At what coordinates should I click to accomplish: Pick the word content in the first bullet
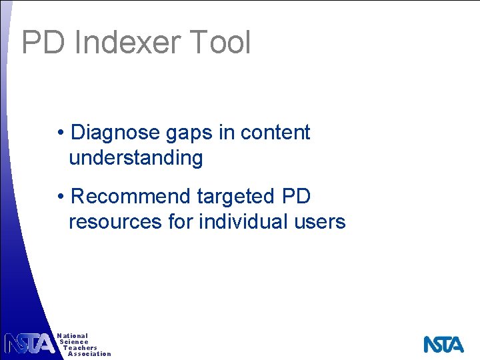pyautogui.click(x=275, y=133)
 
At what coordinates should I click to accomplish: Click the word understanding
pyautogui.click(x=135, y=159)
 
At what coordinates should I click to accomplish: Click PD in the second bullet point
pyautogui.click(x=297, y=197)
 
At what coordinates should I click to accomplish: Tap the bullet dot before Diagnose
pyautogui.click(x=61, y=133)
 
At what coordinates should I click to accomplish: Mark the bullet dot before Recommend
pyautogui.click(x=61, y=197)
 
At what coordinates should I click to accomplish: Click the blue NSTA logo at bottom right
pyautogui.click(x=443, y=344)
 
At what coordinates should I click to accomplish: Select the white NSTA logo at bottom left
pyautogui.click(x=29, y=343)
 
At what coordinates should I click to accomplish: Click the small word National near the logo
pyautogui.click(x=73, y=336)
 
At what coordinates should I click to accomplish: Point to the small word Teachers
pyautogui.click(x=80, y=348)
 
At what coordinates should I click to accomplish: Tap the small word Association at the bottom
pyautogui.click(x=89, y=354)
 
